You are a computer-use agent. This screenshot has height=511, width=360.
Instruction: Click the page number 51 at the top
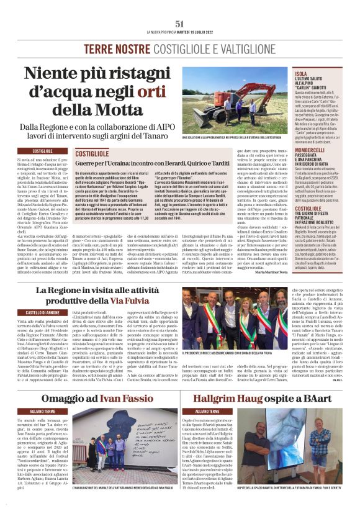point(180,24)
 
